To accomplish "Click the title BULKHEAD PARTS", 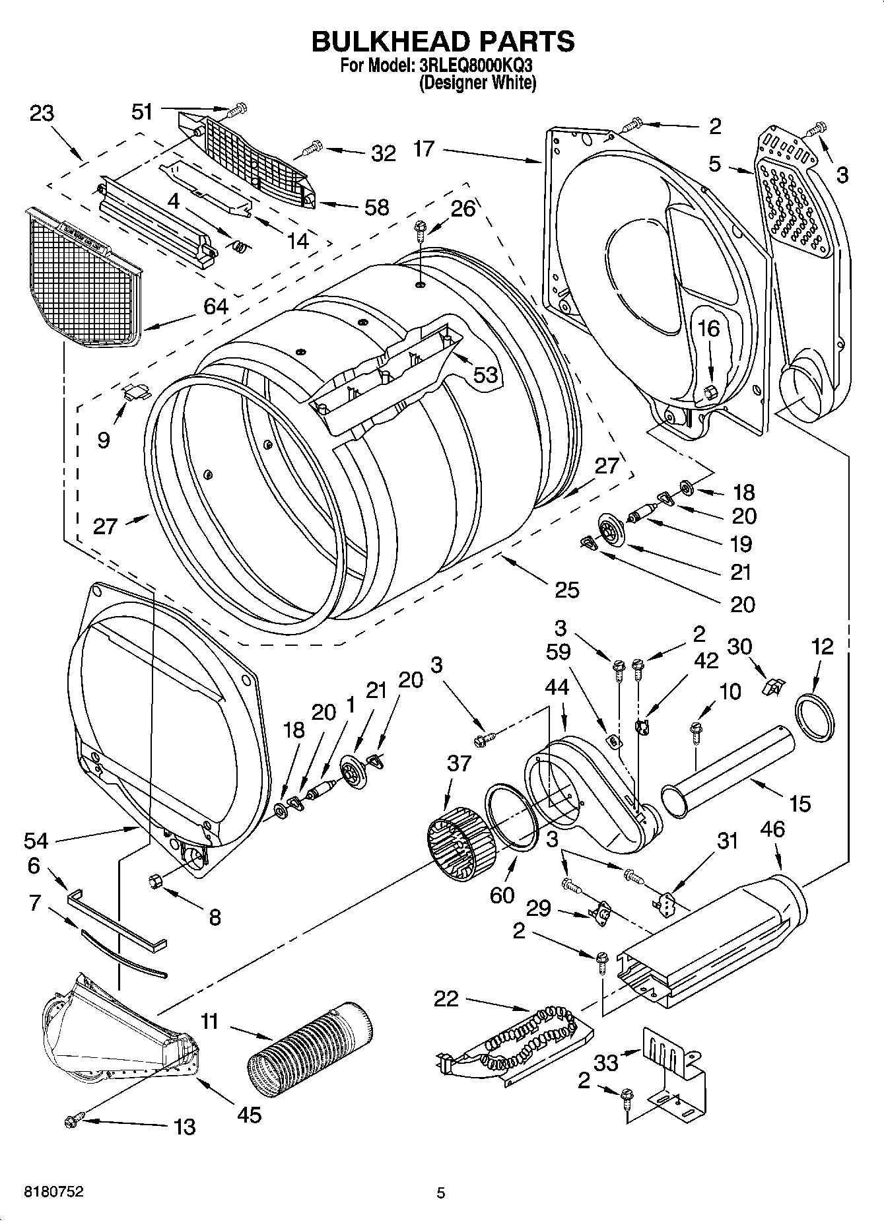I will point(442,41).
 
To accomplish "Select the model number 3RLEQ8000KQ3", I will point(476,66).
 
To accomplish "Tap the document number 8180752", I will point(53,1192).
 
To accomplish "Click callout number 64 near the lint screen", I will point(216,306).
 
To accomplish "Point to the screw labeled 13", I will point(73,1119).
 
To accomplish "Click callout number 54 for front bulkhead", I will point(36,840).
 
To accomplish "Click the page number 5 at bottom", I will point(441,1193).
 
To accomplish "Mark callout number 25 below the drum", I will point(567,589).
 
